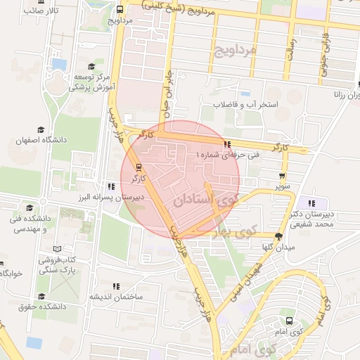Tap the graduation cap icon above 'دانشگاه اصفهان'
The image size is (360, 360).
(x=41, y=130)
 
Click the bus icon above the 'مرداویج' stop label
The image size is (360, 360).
(x=120, y=10)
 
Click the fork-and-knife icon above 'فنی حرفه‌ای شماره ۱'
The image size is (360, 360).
(x=226, y=144)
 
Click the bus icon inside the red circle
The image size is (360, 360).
(x=139, y=167)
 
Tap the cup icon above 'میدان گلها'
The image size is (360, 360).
(x=278, y=236)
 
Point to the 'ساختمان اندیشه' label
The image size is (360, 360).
(x=115, y=297)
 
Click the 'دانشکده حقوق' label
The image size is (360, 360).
(x=44, y=307)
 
